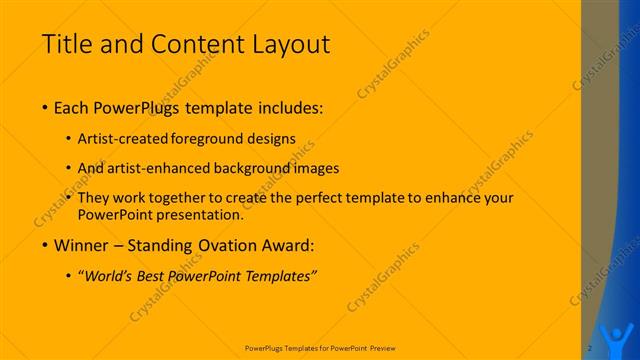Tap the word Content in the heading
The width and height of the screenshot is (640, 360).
click(x=192, y=45)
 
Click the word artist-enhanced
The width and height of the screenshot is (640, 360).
click(x=169, y=168)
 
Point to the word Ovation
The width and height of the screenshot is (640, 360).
click(x=243, y=245)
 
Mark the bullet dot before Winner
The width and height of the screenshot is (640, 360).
click(x=46, y=245)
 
